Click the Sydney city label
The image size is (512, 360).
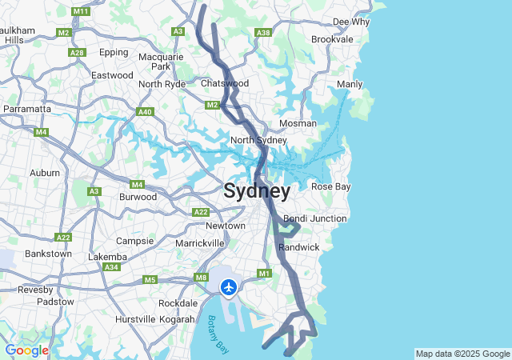[x=257, y=191]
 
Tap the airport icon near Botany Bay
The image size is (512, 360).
[x=230, y=286]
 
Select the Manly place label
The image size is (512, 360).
[x=350, y=84]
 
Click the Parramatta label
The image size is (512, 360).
[x=27, y=108]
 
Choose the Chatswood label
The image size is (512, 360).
[x=225, y=83]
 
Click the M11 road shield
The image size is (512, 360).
[x=80, y=12]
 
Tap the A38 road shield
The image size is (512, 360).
[x=262, y=33]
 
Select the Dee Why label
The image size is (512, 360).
[x=351, y=22]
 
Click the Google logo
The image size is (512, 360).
[x=26, y=350]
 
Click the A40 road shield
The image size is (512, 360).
[x=145, y=112]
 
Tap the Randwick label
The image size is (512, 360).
[x=299, y=247]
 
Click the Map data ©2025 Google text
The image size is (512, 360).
[x=462, y=354]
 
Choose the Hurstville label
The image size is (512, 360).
[x=136, y=318]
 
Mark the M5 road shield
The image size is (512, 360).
[x=150, y=279]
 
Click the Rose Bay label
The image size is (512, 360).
[x=330, y=186]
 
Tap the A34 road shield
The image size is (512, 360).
[x=111, y=267]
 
